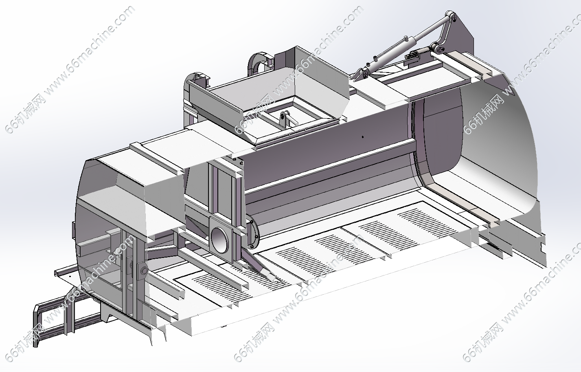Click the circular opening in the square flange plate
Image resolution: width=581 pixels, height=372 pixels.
tap(219, 240)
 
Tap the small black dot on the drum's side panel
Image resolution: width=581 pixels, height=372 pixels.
tap(363, 136)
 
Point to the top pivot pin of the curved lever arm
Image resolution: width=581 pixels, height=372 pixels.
tap(454, 17)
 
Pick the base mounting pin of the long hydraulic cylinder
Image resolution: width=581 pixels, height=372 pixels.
tap(365, 75)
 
